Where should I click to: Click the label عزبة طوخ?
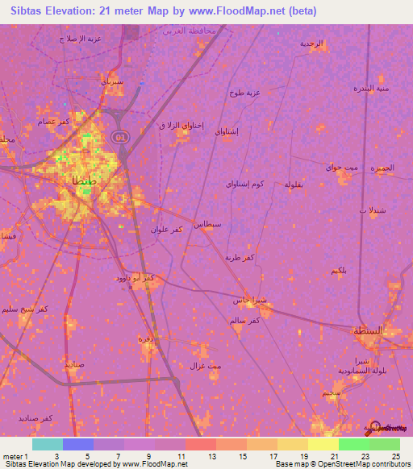(247, 92)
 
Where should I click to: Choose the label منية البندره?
(373, 88)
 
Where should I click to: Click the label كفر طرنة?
(240, 256)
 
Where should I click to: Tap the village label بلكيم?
(340, 270)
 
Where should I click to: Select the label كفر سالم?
(244, 321)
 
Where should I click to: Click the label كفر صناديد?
(37, 417)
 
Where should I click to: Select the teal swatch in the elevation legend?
(48, 444)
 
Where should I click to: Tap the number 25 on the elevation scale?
(395, 456)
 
